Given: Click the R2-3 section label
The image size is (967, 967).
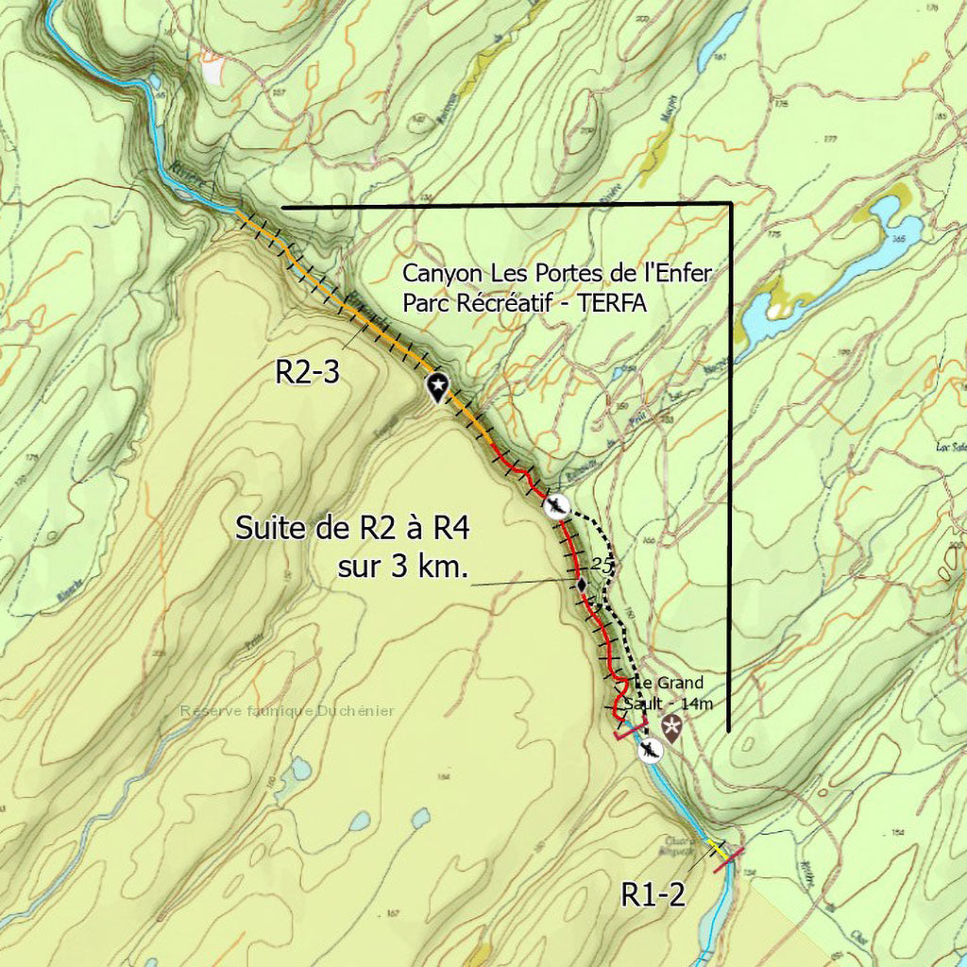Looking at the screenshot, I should [307, 372].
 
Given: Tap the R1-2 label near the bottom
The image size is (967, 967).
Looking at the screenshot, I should [653, 893].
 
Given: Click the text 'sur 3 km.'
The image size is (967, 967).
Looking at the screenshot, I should [402, 567].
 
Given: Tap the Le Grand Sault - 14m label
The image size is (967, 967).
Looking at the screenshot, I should [681, 694].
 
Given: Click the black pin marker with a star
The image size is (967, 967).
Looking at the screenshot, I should [437, 386].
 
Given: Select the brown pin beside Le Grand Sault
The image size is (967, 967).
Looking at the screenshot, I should [671, 727].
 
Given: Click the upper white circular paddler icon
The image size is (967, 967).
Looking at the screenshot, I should [558, 507].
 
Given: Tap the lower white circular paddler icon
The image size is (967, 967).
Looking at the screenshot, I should [649, 751].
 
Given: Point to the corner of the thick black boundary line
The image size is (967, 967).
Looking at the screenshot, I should [730, 205].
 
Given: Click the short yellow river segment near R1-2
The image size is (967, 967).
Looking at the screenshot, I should [718, 849].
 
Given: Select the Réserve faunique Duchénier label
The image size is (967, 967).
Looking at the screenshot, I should [287, 711].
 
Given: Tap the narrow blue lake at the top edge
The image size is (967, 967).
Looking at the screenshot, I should [721, 41].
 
